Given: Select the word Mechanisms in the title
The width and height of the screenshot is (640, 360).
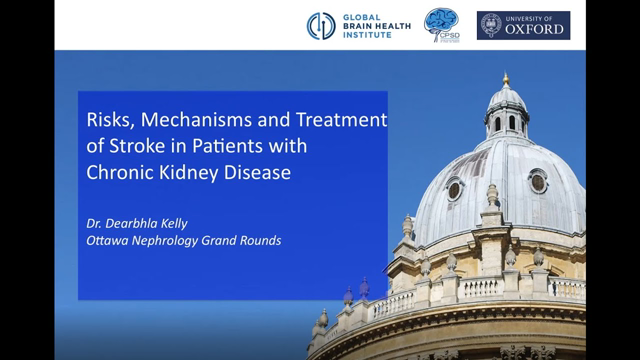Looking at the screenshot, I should [x=187, y=119].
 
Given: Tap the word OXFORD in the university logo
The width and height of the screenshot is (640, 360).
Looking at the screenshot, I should [x=535, y=29].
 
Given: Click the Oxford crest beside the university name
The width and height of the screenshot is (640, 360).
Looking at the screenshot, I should [x=491, y=25].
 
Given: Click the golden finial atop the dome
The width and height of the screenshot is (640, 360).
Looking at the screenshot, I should [x=506, y=78].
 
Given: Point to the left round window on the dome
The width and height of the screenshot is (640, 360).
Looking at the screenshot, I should [x=456, y=188].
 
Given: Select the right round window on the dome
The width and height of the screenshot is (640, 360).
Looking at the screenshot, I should [x=538, y=181].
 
